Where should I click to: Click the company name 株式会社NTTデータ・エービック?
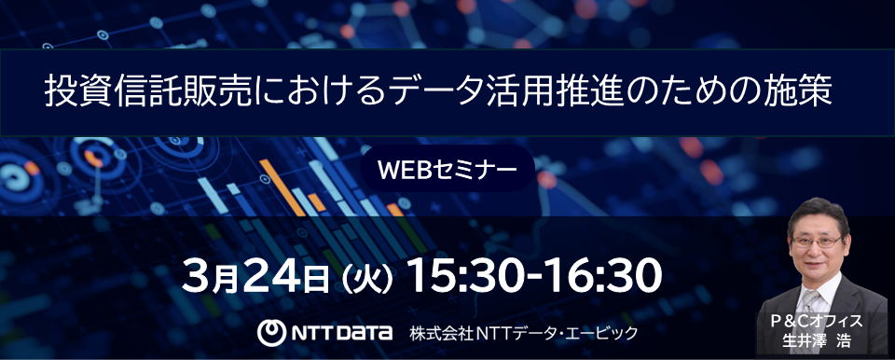point(522,332)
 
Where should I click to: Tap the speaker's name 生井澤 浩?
point(817,340)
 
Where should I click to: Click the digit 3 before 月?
point(199,274)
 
